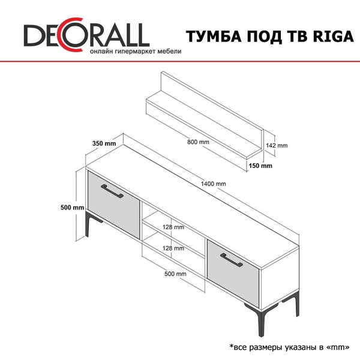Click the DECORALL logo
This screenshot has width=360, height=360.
click(86, 34)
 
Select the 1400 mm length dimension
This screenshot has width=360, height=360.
click(213, 184)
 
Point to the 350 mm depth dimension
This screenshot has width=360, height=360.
click(104, 144)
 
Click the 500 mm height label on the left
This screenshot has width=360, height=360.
click(73, 208)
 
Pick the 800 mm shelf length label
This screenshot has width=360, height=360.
click(198, 142)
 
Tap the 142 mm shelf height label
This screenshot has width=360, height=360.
click(277, 146)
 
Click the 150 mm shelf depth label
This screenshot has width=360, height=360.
click(260, 166)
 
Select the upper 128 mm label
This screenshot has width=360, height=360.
click(173, 227)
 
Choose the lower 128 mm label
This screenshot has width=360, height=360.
click(173, 248)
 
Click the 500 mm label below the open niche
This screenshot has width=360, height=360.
click(175, 274)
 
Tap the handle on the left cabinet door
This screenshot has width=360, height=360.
click(112, 191)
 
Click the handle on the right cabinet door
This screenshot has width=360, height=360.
click(232, 260)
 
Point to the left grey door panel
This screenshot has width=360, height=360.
click(114, 205)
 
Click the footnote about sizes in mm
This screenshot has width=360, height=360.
click(290, 347)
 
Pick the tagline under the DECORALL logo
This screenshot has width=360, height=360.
click(136, 52)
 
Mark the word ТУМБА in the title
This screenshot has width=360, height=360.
click(214, 36)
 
